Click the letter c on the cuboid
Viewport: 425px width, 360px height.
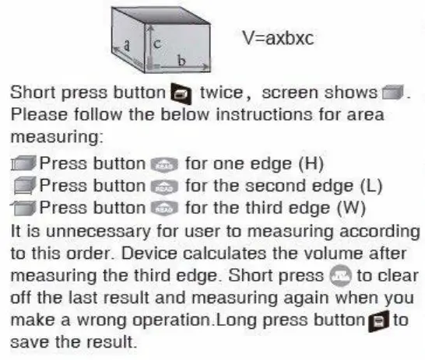pos(156,45)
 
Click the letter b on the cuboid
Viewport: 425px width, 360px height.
pos(181,59)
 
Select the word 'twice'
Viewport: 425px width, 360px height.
pos(221,93)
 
